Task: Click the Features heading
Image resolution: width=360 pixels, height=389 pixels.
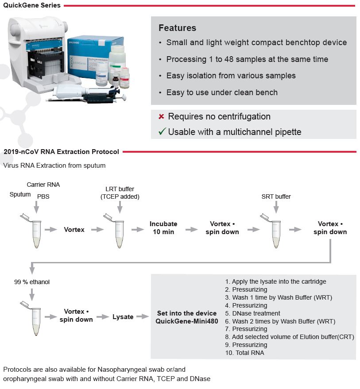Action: pyautogui.click(x=177, y=28)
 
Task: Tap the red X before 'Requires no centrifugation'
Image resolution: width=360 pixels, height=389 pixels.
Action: pyautogui.click(x=162, y=117)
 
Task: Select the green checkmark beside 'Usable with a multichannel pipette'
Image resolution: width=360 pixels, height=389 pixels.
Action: pyautogui.click(x=162, y=131)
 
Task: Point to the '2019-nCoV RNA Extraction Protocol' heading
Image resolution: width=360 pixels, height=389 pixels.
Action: pyautogui.click(x=61, y=152)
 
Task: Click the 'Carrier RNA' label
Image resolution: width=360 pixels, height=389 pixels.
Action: pyautogui.click(x=43, y=185)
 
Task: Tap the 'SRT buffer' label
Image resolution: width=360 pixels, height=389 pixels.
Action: pyautogui.click(x=276, y=196)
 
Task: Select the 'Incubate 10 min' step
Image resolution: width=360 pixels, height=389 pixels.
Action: pyautogui.click(x=163, y=228)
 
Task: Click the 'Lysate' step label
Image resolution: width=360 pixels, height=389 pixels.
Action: pyautogui.click(x=123, y=317)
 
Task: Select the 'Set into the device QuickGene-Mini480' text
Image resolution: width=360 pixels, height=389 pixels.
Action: pyautogui.click(x=186, y=317)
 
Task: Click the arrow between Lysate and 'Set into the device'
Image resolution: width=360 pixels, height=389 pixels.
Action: pyautogui.click(x=142, y=317)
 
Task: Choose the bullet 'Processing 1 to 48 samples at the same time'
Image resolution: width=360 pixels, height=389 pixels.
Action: pyautogui.click(x=247, y=59)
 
